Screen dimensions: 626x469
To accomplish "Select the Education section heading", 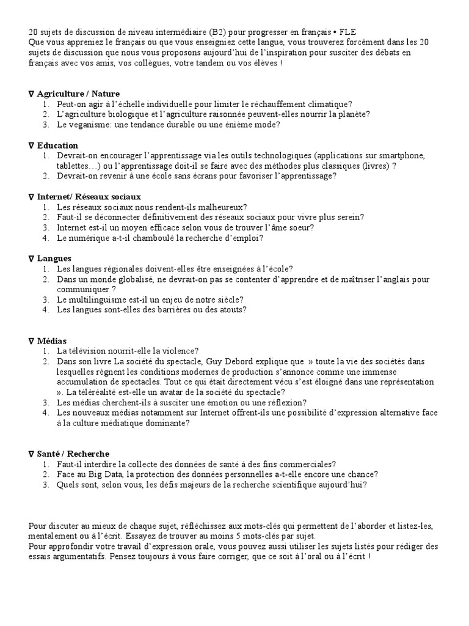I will click(x=57, y=145).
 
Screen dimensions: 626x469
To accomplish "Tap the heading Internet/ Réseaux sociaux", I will click(x=89, y=197).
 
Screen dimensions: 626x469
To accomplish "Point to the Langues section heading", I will click(x=54, y=259).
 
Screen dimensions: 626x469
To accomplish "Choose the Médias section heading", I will click(x=52, y=341).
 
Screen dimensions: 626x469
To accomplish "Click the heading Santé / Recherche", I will click(x=73, y=454).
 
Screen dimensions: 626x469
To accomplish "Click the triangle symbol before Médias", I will click(x=31, y=341).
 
